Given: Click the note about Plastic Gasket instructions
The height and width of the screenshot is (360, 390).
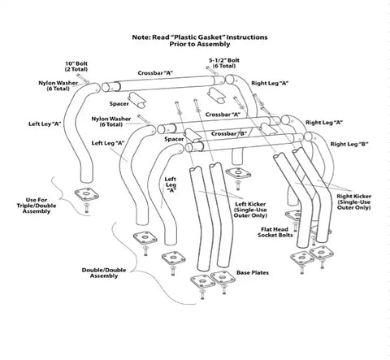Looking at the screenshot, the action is click(200, 41).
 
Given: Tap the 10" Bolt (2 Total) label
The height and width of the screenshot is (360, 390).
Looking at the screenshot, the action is click(76, 67).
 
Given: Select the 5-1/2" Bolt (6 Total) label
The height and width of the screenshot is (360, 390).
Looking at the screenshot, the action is click(224, 63).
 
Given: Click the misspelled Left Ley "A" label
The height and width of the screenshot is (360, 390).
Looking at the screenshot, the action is click(45, 124).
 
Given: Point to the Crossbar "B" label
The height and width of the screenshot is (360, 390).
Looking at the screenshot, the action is click(229, 134).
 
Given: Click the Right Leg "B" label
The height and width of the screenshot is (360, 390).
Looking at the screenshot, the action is click(349, 145).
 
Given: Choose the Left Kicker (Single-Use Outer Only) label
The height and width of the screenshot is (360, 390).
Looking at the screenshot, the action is click(250, 210).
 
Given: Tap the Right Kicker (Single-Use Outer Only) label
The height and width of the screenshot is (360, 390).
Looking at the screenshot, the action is click(353, 202).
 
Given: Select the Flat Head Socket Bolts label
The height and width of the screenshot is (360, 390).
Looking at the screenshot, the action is click(275, 232).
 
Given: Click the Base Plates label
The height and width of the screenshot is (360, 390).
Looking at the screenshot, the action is click(253, 273).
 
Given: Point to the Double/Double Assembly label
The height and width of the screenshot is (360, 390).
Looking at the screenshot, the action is click(104, 273).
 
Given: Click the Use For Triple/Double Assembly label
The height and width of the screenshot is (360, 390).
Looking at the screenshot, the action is click(37, 206).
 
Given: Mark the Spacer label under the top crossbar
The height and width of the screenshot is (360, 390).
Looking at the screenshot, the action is click(119, 104).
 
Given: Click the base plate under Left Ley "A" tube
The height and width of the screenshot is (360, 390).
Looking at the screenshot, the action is click(87, 194).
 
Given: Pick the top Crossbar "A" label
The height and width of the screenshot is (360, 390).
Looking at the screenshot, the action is click(155, 73).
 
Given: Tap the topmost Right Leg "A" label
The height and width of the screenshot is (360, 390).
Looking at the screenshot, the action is click(270, 84).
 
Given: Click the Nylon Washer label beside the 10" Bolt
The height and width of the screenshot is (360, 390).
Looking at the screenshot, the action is click(58, 86).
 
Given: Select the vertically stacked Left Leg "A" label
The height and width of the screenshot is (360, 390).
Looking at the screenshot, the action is click(171, 184).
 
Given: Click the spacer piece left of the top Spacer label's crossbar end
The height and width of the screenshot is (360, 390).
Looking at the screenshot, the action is click(136, 100).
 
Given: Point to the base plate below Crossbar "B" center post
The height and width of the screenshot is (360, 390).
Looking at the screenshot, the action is click(238, 174).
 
